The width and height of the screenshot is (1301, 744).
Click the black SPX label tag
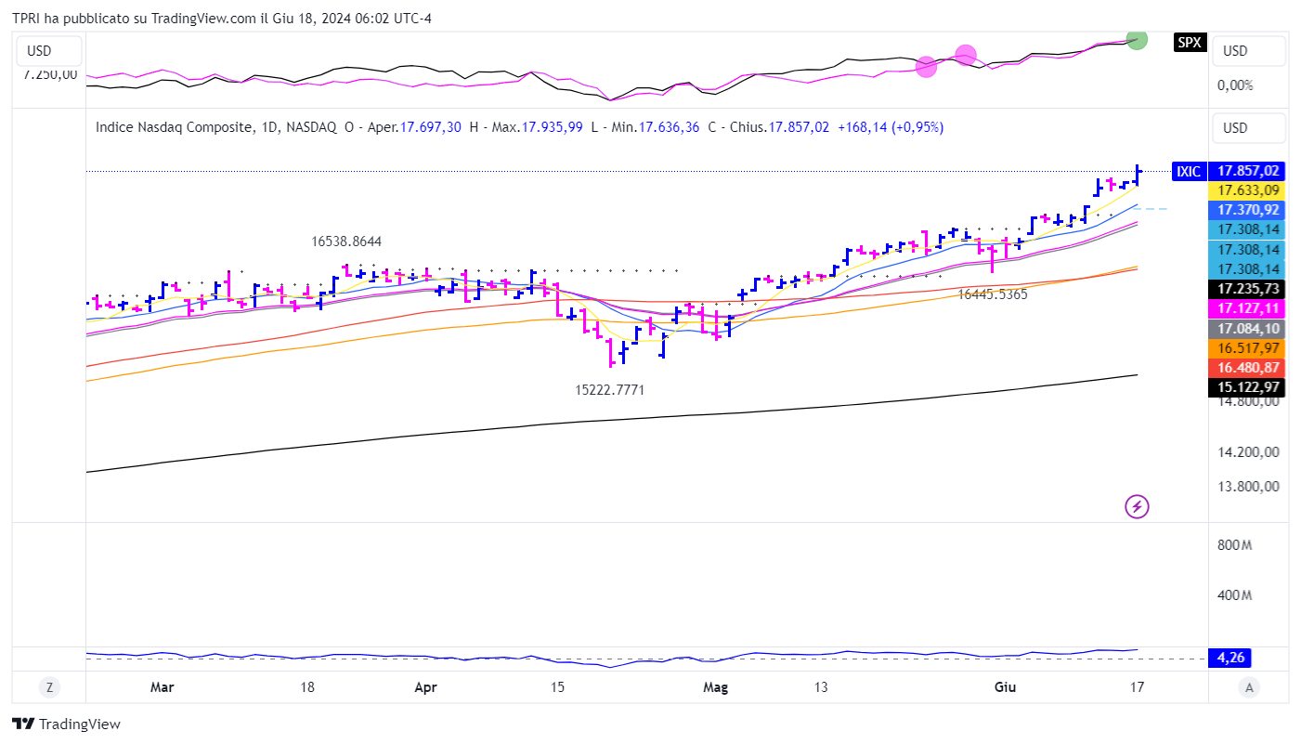(x=1189, y=42)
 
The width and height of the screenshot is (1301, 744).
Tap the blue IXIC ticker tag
(x=1188, y=171)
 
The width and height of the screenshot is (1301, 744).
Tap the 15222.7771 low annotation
(x=610, y=390)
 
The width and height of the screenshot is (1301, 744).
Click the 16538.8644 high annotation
(x=346, y=241)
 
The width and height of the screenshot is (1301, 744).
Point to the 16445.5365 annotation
(x=993, y=294)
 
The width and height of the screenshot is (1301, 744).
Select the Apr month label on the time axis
(x=425, y=688)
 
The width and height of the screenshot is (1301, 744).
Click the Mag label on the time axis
(x=715, y=688)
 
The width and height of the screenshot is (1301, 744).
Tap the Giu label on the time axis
(x=1005, y=688)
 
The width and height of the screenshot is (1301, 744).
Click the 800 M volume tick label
(x=1234, y=544)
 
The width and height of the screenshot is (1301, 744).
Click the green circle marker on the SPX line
(x=1137, y=39)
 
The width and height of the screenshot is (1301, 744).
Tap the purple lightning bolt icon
(x=1138, y=506)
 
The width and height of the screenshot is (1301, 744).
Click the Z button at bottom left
(x=49, y=687)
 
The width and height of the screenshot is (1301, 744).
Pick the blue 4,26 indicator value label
(x=1230, y=659)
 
